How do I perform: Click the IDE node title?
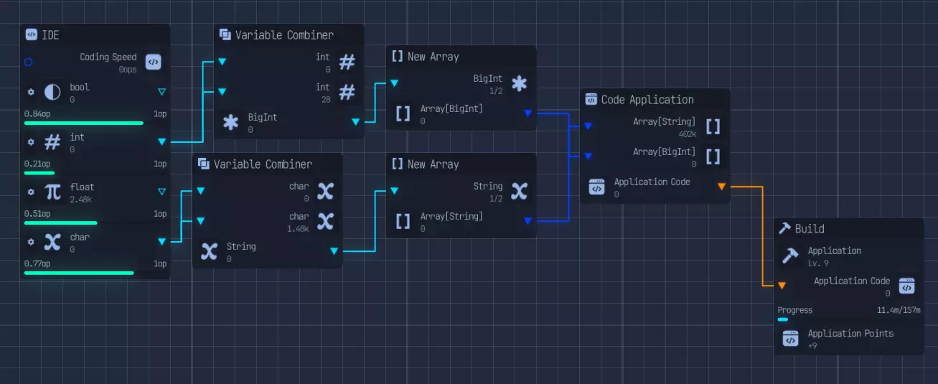click(x=50, y=34)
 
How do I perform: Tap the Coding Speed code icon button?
click(x=153, y=62)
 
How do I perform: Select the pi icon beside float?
click(x=52, y=192)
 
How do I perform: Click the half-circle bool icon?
click(x=52, y=92)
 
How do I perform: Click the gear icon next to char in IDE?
click(x=31, y=242)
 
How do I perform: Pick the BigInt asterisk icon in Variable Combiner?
click(x=230, y=122)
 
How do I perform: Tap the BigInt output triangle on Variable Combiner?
click(x=355, y=122)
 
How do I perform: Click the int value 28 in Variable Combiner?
click(x=325, y=100)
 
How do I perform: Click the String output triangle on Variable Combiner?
click(x=334, y=250)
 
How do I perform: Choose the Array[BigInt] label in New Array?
click(x=451, y=108)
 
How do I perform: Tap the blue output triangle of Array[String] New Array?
click(x=528, y=220)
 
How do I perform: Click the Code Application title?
click(x=647, y=100)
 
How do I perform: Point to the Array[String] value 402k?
click(x=687, y=134)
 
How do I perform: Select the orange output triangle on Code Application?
click(x=721, y=187)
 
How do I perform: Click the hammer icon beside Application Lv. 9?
click(x=790, y=256)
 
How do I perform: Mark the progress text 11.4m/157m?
click(x=899, y=310)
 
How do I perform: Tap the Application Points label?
click(x=850, y=333)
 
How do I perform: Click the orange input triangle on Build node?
click(x=782, y=286)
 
